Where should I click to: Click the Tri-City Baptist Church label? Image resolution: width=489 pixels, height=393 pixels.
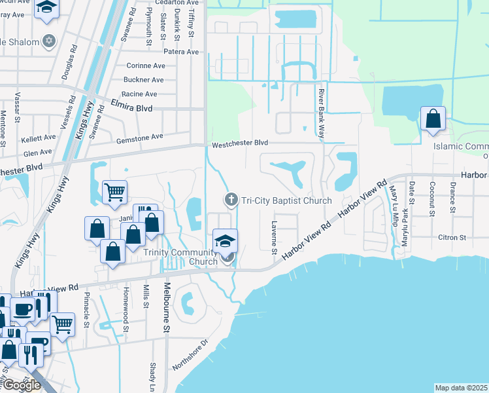[286, 200]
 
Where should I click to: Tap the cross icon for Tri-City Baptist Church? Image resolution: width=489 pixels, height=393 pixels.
[230, 199]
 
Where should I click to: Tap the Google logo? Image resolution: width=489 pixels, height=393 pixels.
[22, 384]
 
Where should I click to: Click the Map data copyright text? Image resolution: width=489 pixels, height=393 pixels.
[461, 388]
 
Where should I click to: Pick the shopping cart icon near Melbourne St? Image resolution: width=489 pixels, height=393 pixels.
[114, 192]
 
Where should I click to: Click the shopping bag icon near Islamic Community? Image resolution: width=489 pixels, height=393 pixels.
[433, 119]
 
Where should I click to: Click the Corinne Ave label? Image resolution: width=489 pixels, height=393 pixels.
[145, 65]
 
